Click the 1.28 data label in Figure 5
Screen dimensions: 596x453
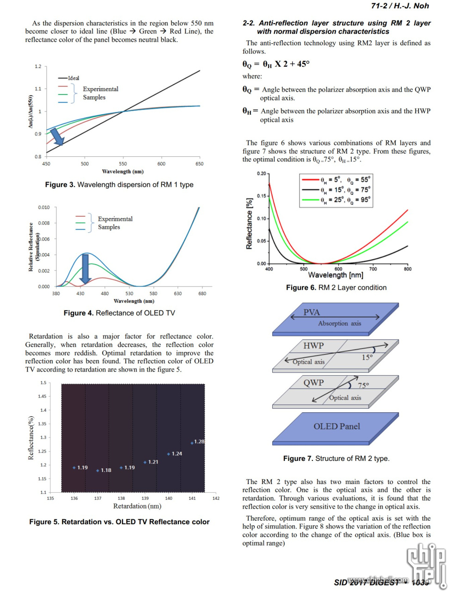point(199,441)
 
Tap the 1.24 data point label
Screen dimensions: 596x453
point(177,453)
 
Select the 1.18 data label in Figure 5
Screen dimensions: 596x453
point(106,470)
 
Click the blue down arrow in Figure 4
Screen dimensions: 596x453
point(85,268)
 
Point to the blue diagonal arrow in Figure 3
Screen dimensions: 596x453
point(57,137)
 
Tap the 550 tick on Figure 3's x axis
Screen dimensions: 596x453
point(123,164)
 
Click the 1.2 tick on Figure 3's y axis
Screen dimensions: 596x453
point(38,67)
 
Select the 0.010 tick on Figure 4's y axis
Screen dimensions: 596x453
point(43,207)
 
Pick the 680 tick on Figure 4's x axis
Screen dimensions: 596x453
point(202,293)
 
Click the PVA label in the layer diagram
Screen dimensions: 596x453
point(312,312)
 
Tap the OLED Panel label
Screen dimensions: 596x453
point(337,426)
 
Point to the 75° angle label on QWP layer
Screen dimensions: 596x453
point(363,385)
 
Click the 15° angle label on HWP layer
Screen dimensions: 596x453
point(367,357)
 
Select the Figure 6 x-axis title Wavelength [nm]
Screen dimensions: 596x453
point(335,275)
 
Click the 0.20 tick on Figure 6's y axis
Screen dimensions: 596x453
point(261,174)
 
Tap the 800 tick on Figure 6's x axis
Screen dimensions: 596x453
point(407,269)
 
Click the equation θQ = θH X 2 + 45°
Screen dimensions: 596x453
point(276,64)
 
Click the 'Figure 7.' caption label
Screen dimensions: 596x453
point(298,459)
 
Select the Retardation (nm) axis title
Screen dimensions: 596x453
point(137,506)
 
